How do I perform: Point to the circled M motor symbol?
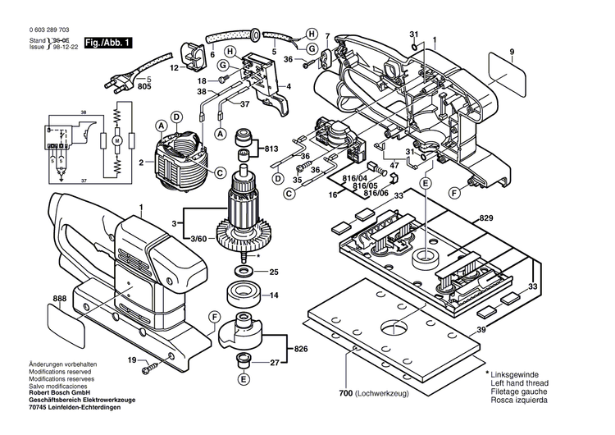pyautogui.click(x=117, y=142)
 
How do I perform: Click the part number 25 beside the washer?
pyautogui.click(x=274, y=272)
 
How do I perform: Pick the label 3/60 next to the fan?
pyautogui.click(x=198, y=237)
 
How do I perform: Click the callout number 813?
pyautogui.click(x=271, y=149)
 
